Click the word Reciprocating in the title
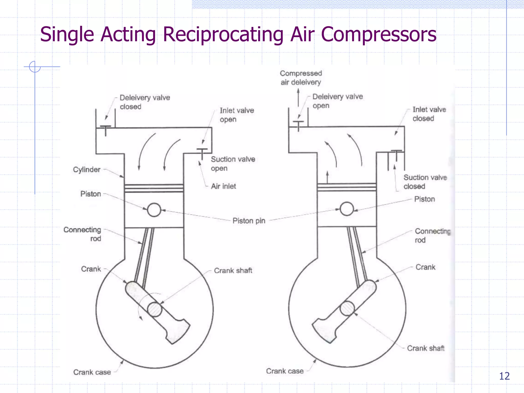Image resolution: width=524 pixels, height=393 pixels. [x=223, y=35]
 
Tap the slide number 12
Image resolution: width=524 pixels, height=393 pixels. [x=504, y=376]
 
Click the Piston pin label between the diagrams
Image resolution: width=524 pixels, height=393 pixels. [x=249, y=221]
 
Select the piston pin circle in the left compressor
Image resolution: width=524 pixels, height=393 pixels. [x=154, y=210]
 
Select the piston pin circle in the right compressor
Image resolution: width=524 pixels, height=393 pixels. [x=347, y=209]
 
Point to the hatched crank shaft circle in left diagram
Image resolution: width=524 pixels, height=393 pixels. [x=155, y=309]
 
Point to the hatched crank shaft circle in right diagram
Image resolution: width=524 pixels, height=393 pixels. [x=347, y=308]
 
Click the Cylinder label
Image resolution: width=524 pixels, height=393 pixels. [x=87, y=170]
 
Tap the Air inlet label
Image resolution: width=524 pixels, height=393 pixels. [x=223, y=186]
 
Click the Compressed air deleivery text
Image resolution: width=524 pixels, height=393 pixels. [x=301, y=78]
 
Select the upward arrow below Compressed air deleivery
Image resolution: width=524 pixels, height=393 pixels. [x=298, y=97]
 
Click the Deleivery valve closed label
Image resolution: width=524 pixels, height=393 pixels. [x=145, y=102]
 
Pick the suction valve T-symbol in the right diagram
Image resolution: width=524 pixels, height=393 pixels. [x=396, y=154]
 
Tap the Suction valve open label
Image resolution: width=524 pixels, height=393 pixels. [x=233, y=164]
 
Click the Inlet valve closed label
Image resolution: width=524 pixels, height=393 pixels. [x=429, y=114]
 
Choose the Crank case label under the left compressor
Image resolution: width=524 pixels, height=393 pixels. [x=92, y=372]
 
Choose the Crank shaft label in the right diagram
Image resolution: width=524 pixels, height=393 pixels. [x=426, y=348]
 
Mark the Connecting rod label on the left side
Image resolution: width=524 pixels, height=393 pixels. [x=82, y=234]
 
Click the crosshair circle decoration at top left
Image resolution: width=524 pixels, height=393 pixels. [x=35, y=67]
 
